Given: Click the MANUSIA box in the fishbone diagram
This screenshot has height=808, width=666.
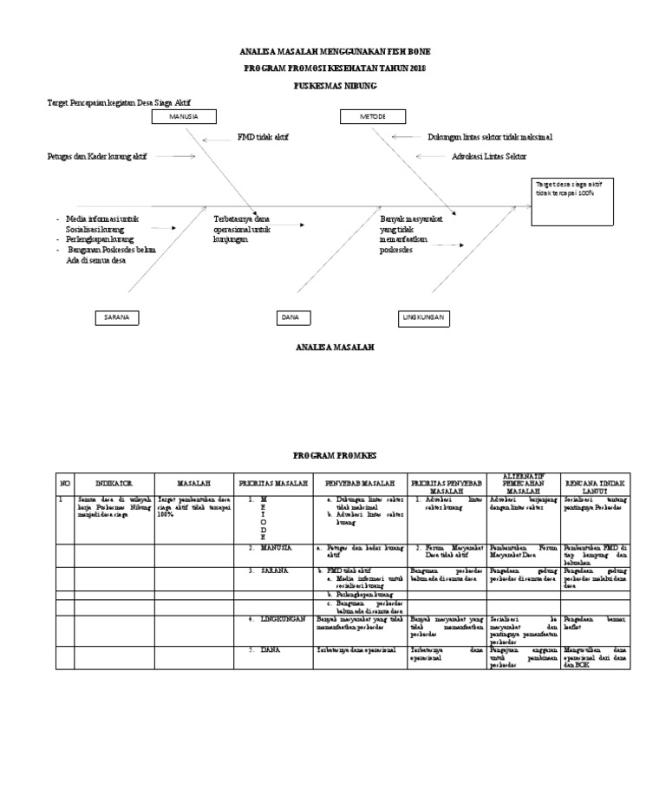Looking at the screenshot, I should click(x=183, y=116).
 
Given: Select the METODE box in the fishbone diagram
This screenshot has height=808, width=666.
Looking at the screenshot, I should click(x=374, y=116).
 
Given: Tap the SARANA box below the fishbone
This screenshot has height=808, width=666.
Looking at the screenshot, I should click(x=116, y=318).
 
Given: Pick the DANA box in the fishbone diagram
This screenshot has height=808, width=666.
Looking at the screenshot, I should click(x=290, y=318).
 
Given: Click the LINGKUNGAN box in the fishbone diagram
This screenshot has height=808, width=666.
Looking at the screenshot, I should click(x=423, y=318).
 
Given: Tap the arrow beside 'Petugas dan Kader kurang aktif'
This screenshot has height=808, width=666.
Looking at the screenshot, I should click(x=183, y=157).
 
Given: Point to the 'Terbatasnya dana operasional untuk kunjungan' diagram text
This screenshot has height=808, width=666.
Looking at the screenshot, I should click(x=242, y=230).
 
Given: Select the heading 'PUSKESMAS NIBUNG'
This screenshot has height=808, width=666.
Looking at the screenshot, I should click(x=334, y=86).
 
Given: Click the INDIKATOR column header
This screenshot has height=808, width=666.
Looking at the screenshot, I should click(x=114, y=482).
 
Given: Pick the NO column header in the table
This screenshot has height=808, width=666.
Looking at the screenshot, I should click(x=64, y=482).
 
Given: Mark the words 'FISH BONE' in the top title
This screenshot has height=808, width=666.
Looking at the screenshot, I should click(x=408, y=52).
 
